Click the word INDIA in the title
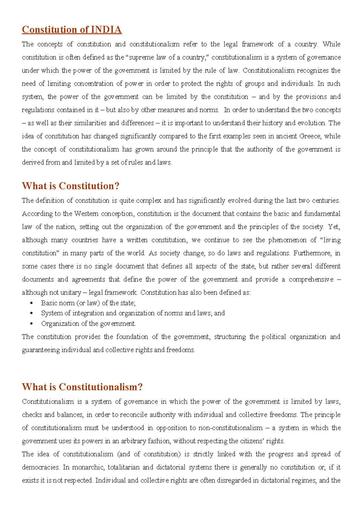tap(106, 30)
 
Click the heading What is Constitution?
tap(70, 186)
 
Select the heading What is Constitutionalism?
tap(82, 387)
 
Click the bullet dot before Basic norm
tap(32, 303)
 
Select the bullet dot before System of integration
tap(32, 313)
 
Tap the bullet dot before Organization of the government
tap(32, 324)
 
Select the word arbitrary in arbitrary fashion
tap(133, 441)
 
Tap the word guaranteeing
tap(41, 350)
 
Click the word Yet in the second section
tap(334, 227)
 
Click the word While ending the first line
tap(331, 44)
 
